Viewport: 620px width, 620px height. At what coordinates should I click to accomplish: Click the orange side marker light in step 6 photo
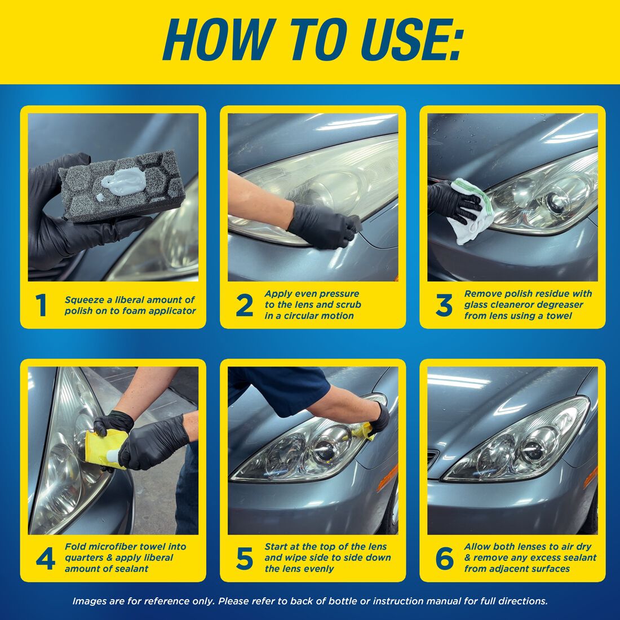(x=590, y=476)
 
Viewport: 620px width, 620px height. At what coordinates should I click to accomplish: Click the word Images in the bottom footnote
(x=89, y=601)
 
